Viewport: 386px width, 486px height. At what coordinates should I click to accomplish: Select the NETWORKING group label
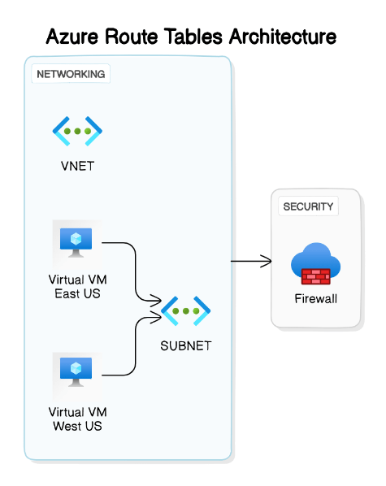coord(71,74)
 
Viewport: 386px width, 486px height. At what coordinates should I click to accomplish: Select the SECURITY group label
coord(308,206)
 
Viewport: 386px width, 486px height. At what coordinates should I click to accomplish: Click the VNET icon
coord(77,130)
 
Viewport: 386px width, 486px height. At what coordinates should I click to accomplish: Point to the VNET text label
coord(77,167)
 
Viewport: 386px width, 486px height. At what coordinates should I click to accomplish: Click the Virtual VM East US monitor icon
coord(76,241)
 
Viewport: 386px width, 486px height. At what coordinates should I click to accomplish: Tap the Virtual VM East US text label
coord(77,286)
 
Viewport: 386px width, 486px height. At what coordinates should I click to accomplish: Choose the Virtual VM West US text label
coord(77,419)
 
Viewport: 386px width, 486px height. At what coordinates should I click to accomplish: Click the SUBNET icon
coord(186,310)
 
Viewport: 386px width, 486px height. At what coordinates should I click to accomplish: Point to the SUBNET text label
coord(186,345)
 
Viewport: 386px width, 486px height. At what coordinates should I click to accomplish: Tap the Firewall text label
coord(315,298)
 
